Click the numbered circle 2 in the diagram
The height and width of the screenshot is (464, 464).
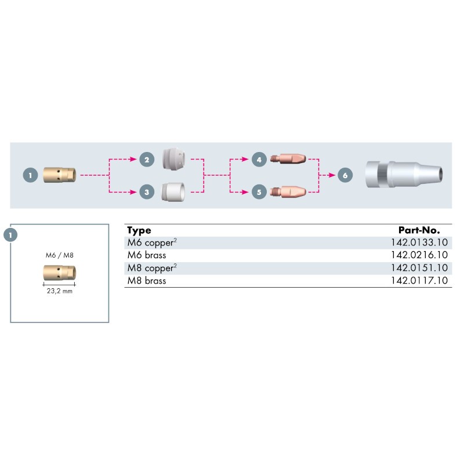(147, 159)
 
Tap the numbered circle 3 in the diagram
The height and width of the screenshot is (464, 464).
(147, 191)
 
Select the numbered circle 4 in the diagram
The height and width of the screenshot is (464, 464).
(259, 159)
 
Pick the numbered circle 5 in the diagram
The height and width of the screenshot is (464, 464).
(259, 191)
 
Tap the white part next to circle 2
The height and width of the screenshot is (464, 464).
(174, 158)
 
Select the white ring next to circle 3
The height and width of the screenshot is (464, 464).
(173, 191)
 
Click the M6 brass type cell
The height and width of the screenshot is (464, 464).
(146, 255)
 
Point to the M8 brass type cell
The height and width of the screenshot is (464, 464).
(146, 281)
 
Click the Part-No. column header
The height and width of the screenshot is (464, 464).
(423, 230)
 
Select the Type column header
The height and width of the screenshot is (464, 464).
(139, 230)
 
